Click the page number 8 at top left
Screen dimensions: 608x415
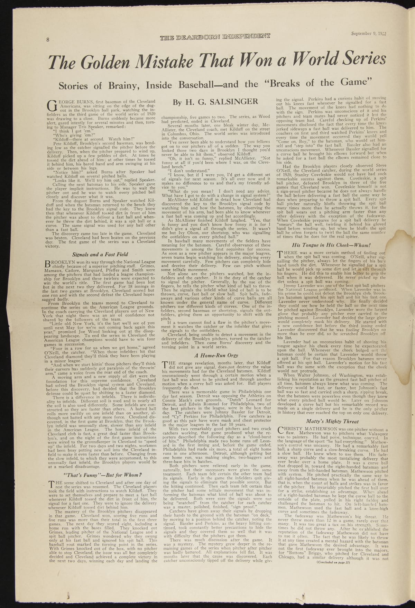[48, 39]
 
